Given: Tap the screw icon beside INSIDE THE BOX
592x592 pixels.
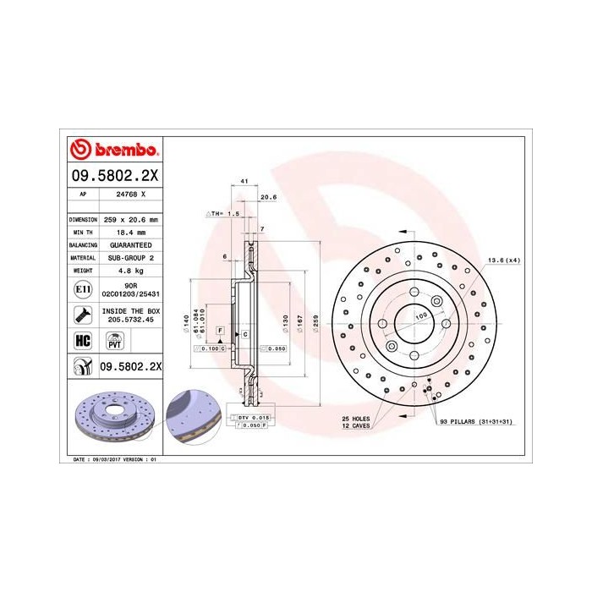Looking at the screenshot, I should (82, 316).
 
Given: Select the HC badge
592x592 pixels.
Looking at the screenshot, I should (82, 341).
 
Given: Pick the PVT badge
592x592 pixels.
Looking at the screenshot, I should (113, 341).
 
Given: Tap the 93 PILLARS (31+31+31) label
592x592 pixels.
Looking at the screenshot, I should (480, 420).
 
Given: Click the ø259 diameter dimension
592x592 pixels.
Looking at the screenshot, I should (315, 321).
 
